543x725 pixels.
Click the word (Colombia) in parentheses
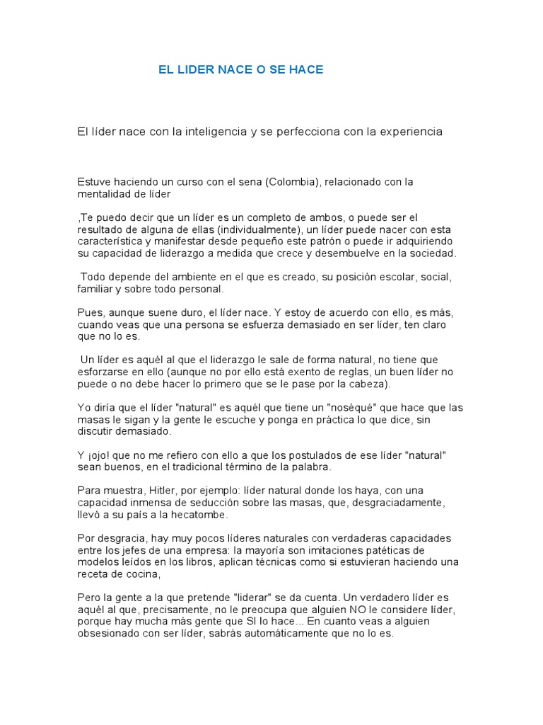[291, 181]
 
